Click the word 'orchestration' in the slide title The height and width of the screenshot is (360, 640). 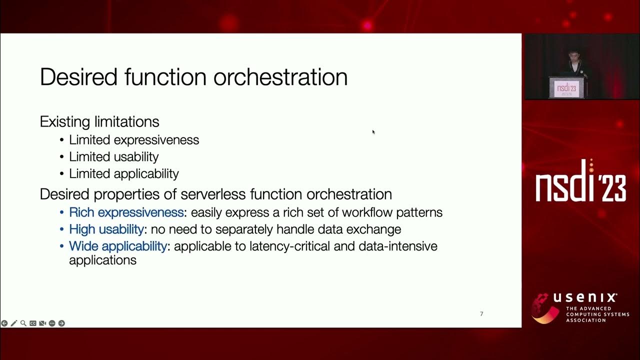coord(280,77)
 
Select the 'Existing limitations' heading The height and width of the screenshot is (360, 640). coord(99,121)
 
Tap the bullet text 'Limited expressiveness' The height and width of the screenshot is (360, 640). coord(134,140)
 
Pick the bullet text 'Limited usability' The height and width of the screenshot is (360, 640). coord(114,157)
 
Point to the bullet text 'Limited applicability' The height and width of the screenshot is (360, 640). coord(124,174)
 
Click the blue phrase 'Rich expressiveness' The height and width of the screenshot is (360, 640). coord(126,212)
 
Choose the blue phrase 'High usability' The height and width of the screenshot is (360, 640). coord(106,229)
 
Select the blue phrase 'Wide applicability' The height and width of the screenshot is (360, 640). coord(117,246)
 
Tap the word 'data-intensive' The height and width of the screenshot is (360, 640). coord(398,246)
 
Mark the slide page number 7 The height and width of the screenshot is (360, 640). coord(481,314)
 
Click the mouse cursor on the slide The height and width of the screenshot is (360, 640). coord(373,131)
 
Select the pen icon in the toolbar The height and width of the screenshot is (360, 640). coord(13,323)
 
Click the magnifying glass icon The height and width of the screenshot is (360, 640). coord(23,323)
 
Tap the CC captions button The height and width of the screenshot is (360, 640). coord(32,323)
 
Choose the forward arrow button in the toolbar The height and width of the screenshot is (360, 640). coord(61,323)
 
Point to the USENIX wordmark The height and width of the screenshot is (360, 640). coord(584,298)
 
